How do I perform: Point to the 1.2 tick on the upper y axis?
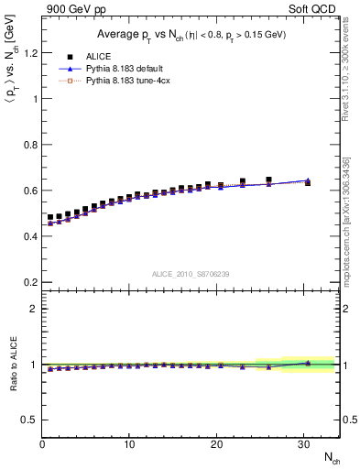point(27,53)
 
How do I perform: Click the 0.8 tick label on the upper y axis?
point(27,145)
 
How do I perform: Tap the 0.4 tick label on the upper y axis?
point(27,236)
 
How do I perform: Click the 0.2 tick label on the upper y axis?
point(27,282)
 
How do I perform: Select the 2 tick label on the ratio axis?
point(31,309)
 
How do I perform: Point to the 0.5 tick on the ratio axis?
point(27,420)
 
